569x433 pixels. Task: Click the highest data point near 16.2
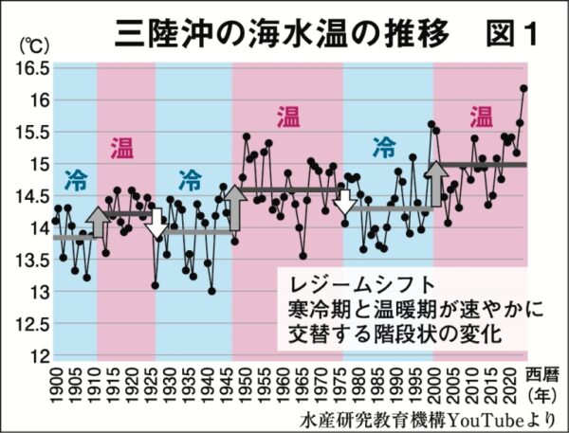coord(524,88)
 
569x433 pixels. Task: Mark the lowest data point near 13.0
coord(211,291)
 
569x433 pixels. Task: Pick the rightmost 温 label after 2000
coord(481,117)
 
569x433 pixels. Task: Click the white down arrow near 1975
coord(344,202)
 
